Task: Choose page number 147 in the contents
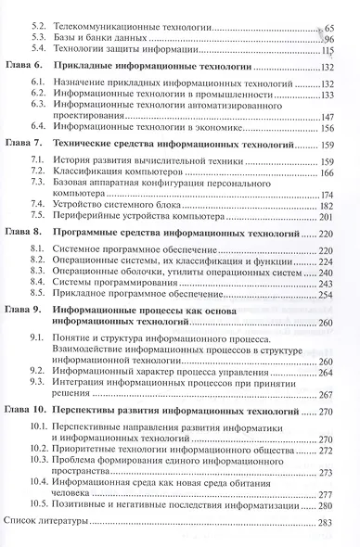[x=343, y=116]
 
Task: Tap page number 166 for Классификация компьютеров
[x=343, y=173]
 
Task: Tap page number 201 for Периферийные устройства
[x=343, y=217]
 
